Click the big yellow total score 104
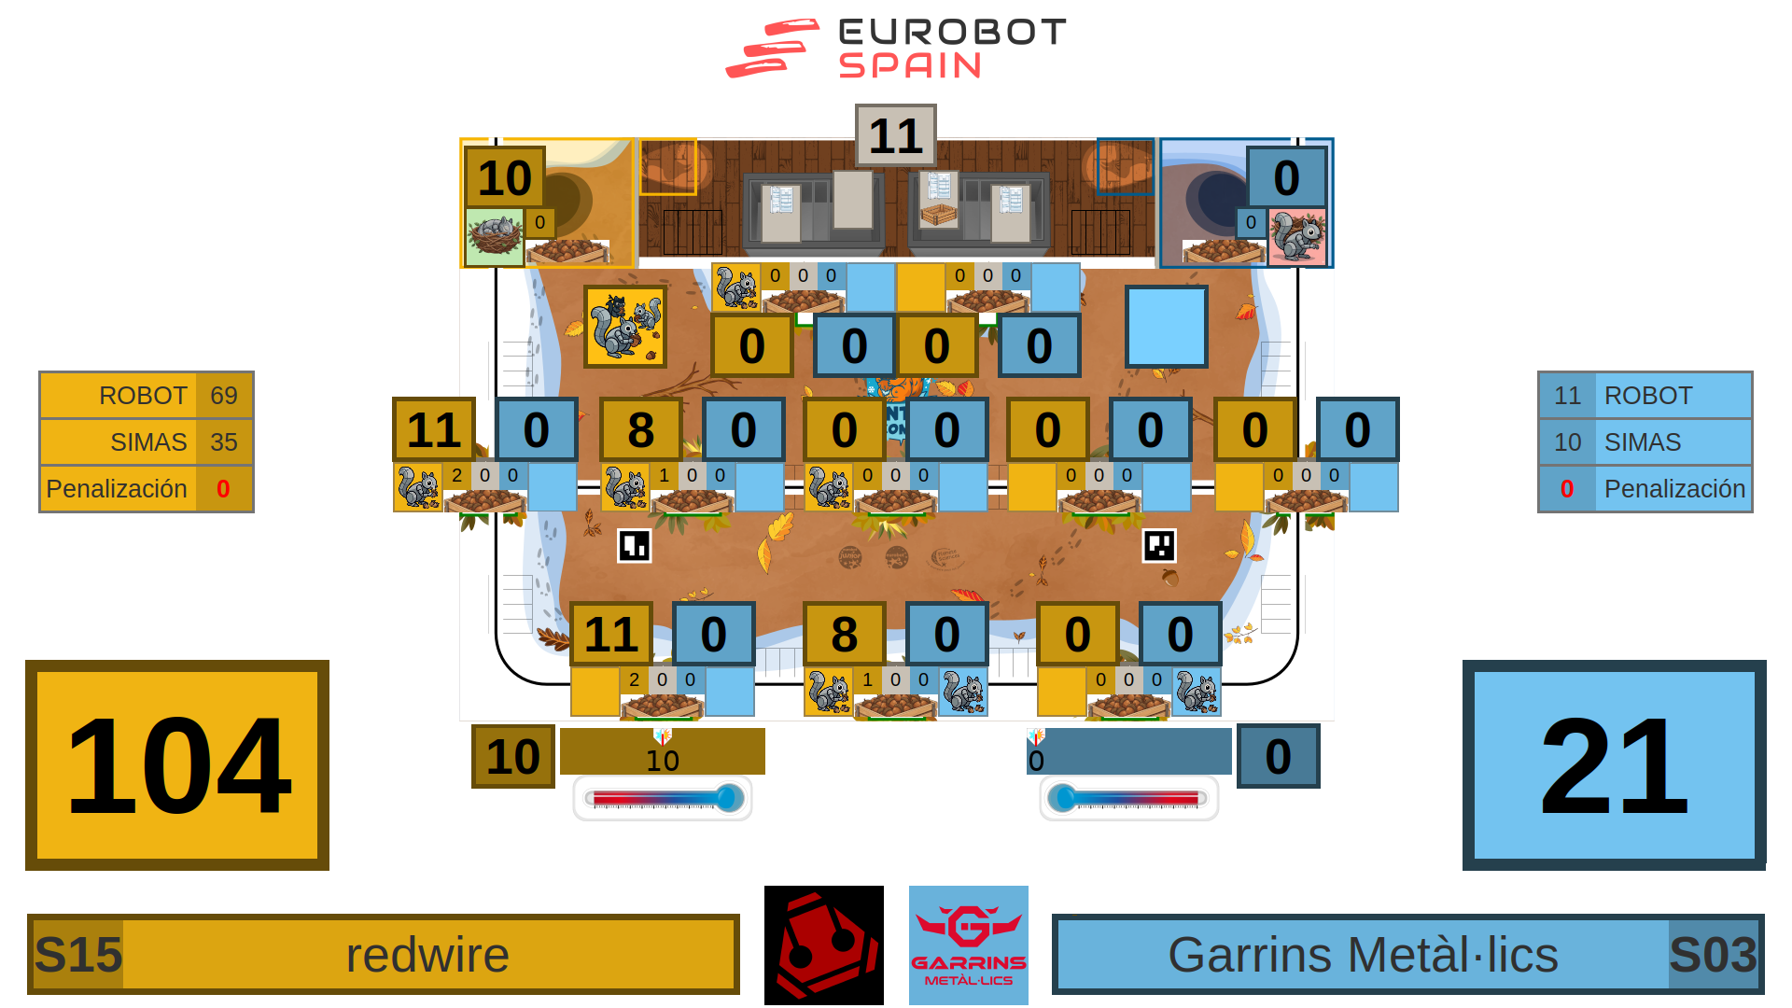177,765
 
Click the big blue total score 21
1614,765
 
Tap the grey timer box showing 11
895,135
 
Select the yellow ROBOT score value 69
224,396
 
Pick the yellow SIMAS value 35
224,442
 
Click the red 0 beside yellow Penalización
223,489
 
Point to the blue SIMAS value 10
1567,442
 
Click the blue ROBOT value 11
1567,396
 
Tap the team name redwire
427,955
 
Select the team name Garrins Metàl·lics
1363,955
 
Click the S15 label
78,955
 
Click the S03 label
1713,955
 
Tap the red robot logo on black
824,945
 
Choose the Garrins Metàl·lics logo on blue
969,945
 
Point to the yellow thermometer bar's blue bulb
730,798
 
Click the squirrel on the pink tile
1297,237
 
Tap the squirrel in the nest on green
495,237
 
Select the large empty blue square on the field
1167,327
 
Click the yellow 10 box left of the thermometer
513,756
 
